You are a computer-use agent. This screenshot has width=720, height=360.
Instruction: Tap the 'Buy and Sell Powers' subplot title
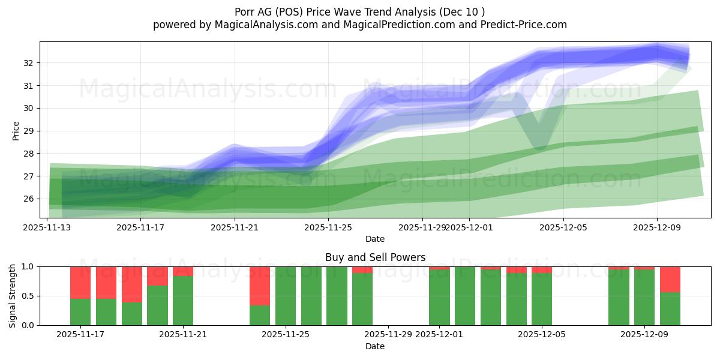point(375,257)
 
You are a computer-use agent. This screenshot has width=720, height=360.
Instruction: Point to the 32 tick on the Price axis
point(29,63)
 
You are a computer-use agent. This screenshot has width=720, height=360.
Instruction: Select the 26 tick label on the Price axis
point(29,199)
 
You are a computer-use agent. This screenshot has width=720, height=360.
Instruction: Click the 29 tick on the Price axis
point(29,131)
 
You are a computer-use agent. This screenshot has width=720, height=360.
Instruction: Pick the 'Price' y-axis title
point(16,130)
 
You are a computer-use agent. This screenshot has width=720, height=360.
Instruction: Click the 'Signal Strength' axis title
point(13,295)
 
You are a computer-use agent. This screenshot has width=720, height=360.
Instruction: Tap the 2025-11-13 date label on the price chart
point(47,227)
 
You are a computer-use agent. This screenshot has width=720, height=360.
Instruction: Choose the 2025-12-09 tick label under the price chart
point(656,227)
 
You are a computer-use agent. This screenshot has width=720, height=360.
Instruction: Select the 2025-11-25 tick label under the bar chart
point(286,334)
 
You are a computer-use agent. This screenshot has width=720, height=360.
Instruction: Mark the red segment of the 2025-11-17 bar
point(80,282)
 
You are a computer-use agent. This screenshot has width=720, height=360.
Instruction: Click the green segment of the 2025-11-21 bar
point(183,301)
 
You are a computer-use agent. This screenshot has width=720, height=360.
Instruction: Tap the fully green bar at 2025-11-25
point(286,296)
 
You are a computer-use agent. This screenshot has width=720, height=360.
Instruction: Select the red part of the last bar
point(670,279)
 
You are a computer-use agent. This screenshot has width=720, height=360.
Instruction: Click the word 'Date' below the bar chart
point(375,346)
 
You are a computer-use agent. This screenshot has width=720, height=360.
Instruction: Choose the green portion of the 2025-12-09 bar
point(644,298)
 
